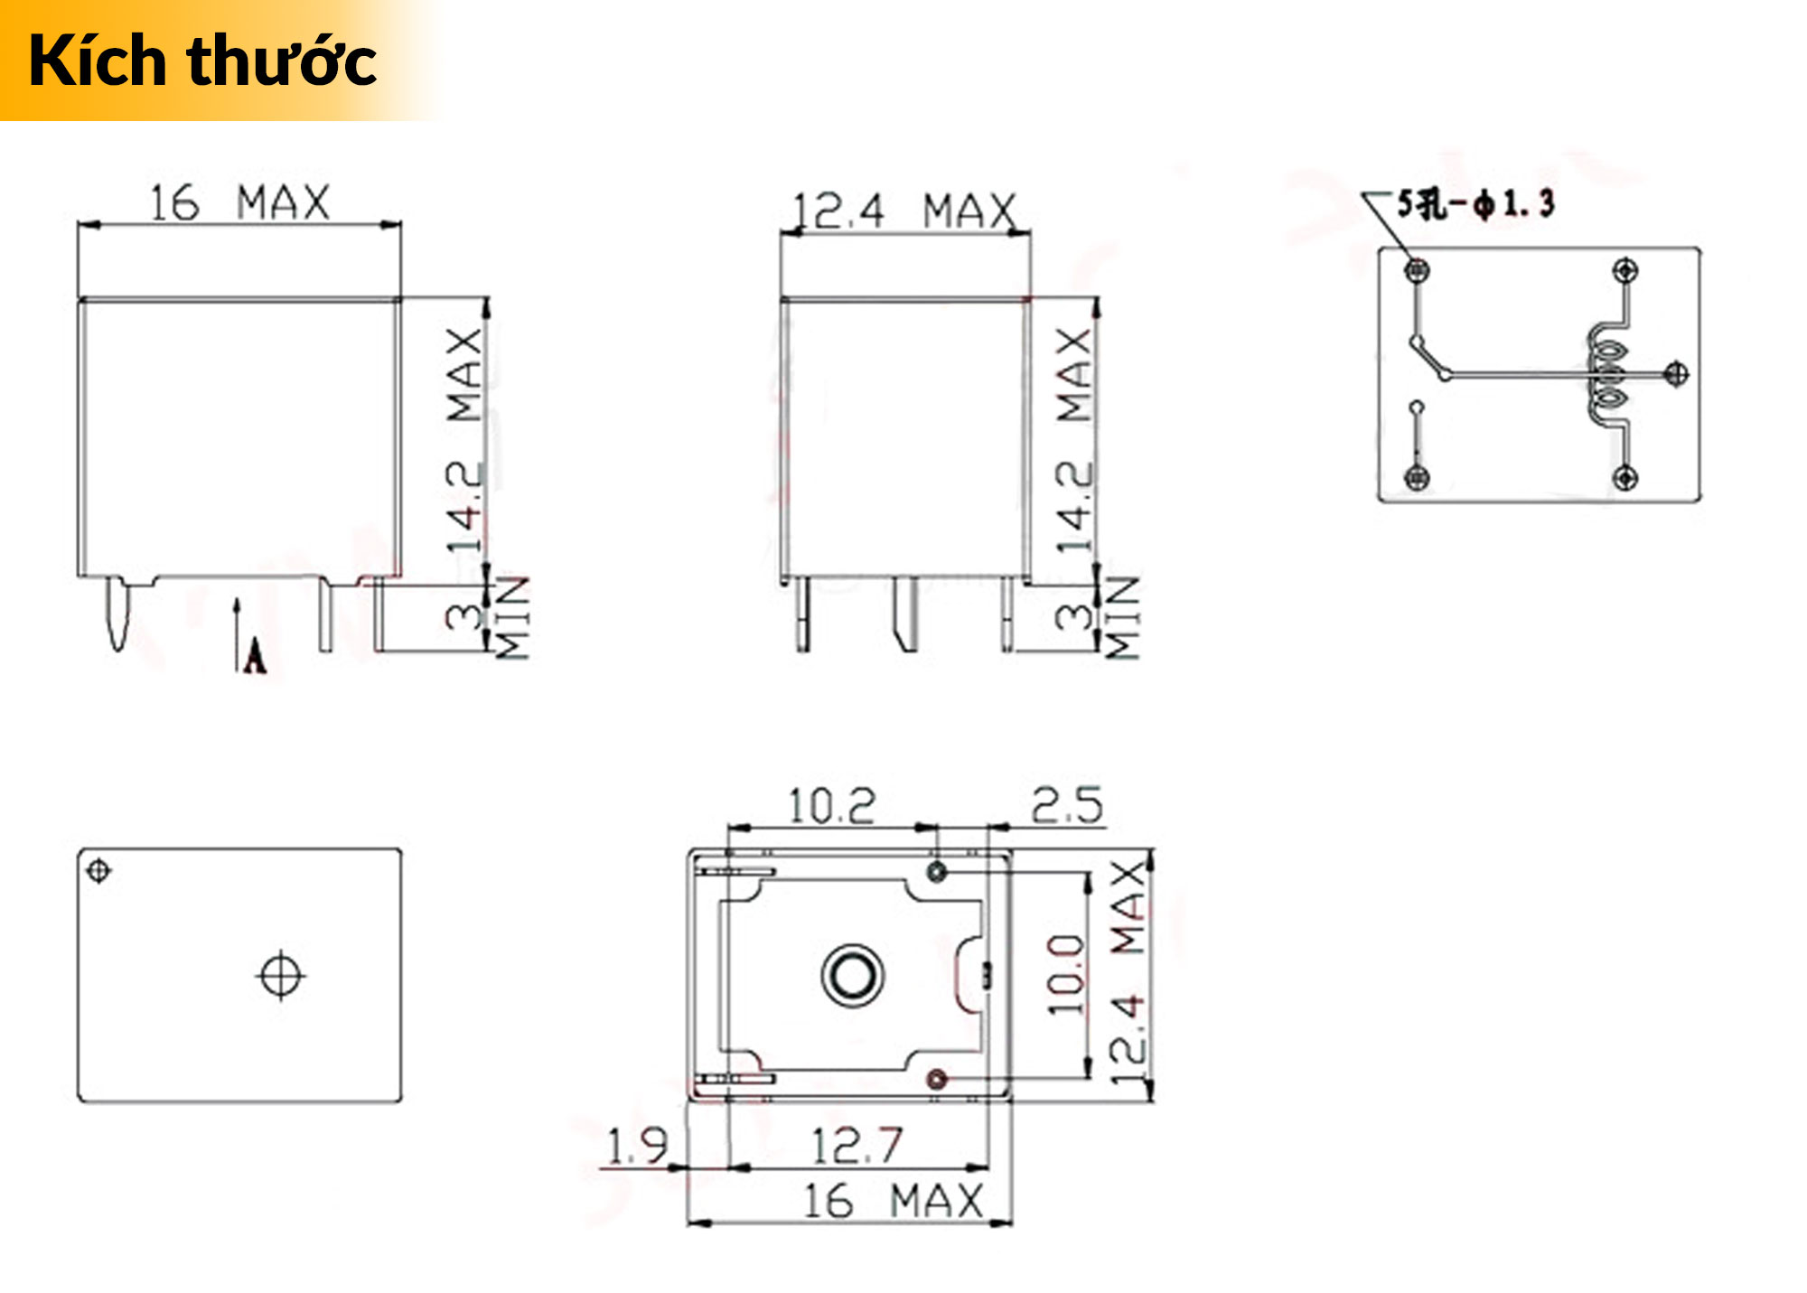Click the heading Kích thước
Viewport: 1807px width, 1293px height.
(x=202, y=61)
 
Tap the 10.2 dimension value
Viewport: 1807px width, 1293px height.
(x=831, y=806)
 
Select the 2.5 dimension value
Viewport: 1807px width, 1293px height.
(x=1067, y=805)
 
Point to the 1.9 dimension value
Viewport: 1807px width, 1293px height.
(x=637, y=1146)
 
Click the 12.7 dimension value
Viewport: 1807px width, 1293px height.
(x=857, y=1146)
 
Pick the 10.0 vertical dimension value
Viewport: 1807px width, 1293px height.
(x=1065, y=975)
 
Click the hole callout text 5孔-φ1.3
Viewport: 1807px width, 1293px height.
(x=1475, y=204)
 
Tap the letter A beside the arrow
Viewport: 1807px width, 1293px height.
(x=256, y=655)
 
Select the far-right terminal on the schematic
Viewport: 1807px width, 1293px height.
(x=1676, y=372)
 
